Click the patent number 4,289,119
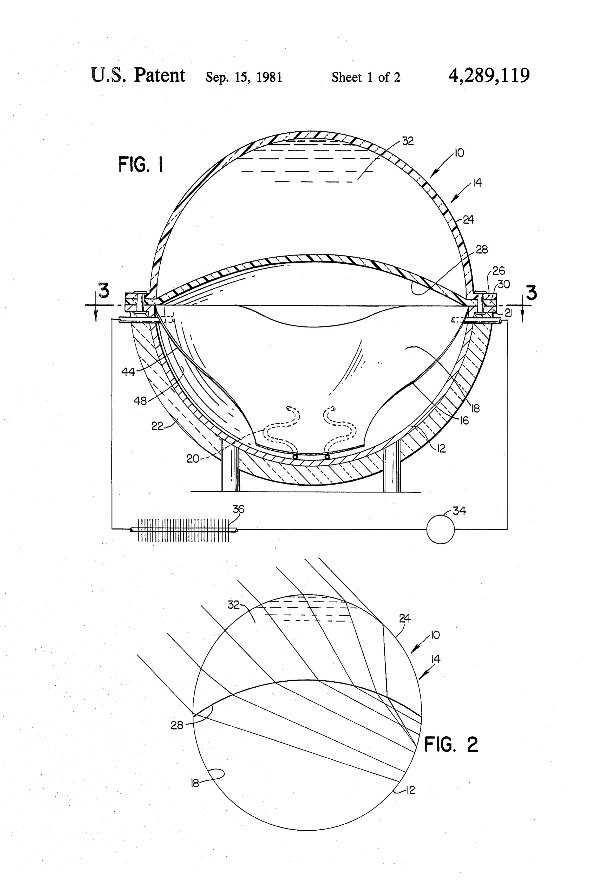click(489, 75)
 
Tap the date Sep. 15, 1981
click(244, 77)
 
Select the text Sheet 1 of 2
click(366, 77)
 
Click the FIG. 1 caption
click(141, 165)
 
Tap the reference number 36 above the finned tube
click(238, 509)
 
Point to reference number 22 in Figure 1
click(157, 426)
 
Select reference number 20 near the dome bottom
click(193, 459)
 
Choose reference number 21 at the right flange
click(508, 313)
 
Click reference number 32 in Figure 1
click(408, 141)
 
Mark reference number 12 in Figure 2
click(410, 790)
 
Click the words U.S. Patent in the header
click(138, 75)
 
